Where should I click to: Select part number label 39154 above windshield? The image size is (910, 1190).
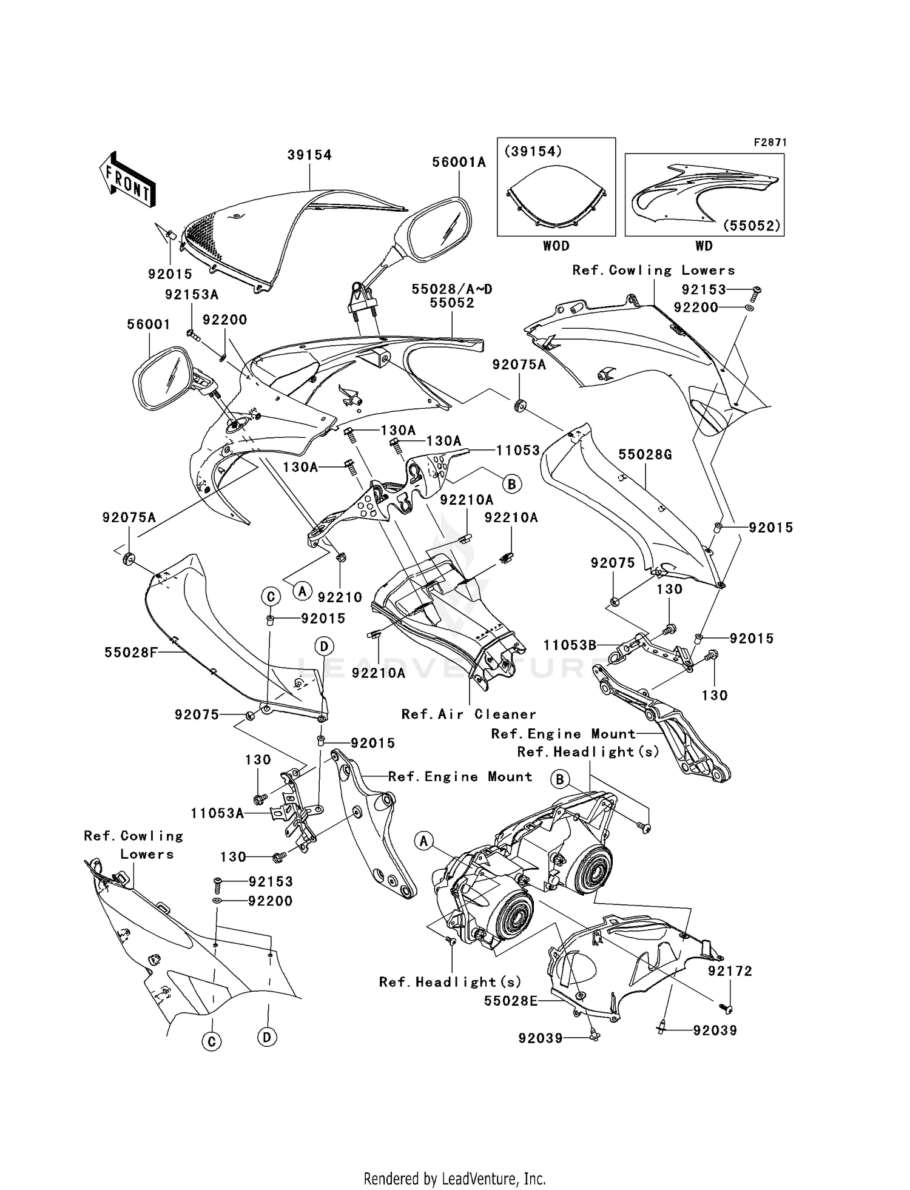pyautogui.click(x=309, y=155)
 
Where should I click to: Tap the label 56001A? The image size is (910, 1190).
pyautogui.click(x=459, y=162)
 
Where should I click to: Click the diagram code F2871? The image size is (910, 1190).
pyautogui.click(x=770, y=143)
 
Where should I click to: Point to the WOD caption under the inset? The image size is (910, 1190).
pyautogui.click(x=556, y=246)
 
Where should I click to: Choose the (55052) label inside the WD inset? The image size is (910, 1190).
pyautogui.click(x=751, y=226)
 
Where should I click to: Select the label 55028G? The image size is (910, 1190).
pyautogui.click(x=645, y=455)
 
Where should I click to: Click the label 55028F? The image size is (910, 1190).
pyautogui.click(x=131, y=653)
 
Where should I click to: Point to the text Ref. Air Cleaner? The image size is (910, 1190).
pyautogui.click(x=469, y=714)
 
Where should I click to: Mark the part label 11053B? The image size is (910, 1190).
pyautogui.click(x=570, y=645)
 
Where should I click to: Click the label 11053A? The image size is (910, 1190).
pyautogui.click(x=217, y=813)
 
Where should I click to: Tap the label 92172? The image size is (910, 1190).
pyautogui.click(x=730, y=971)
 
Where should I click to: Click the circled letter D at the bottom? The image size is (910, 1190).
pyautogui.click(x=267, y=1037)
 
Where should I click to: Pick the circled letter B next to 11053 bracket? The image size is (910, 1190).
pyautogui.click(x=511, y=484)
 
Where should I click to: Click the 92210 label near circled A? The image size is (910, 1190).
pyautogui.click(x=340, y=597)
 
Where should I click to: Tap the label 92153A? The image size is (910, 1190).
pyautogui.click(x=192, y=295)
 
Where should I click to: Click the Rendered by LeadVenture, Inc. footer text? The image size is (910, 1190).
pyautogui.click(x=454, y=1178)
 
